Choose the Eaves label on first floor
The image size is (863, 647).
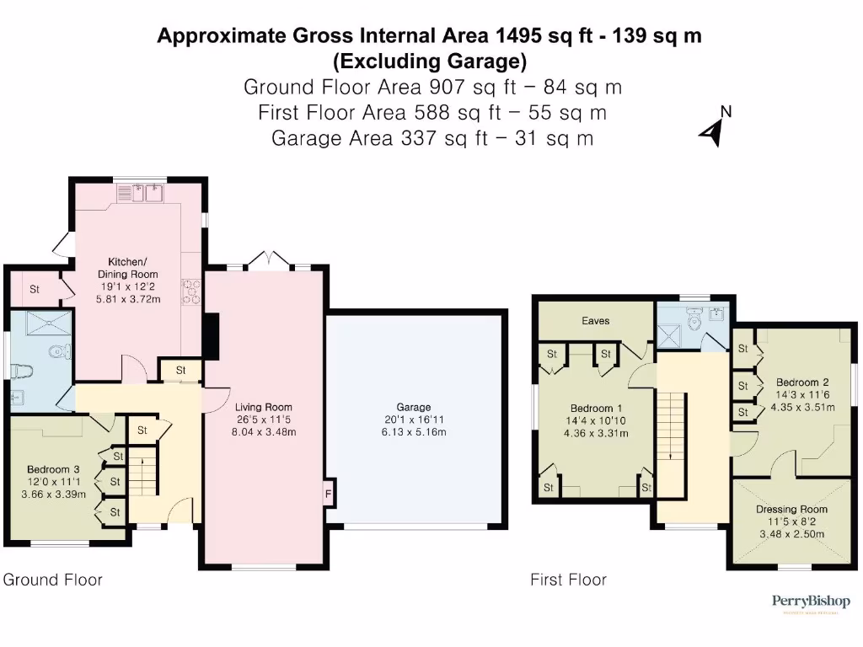(596, 321)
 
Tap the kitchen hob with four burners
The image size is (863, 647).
(192, 291)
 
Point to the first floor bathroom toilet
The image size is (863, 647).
(694, 319)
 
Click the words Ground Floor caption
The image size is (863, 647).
(53, 580)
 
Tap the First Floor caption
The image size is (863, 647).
(568, 580)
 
